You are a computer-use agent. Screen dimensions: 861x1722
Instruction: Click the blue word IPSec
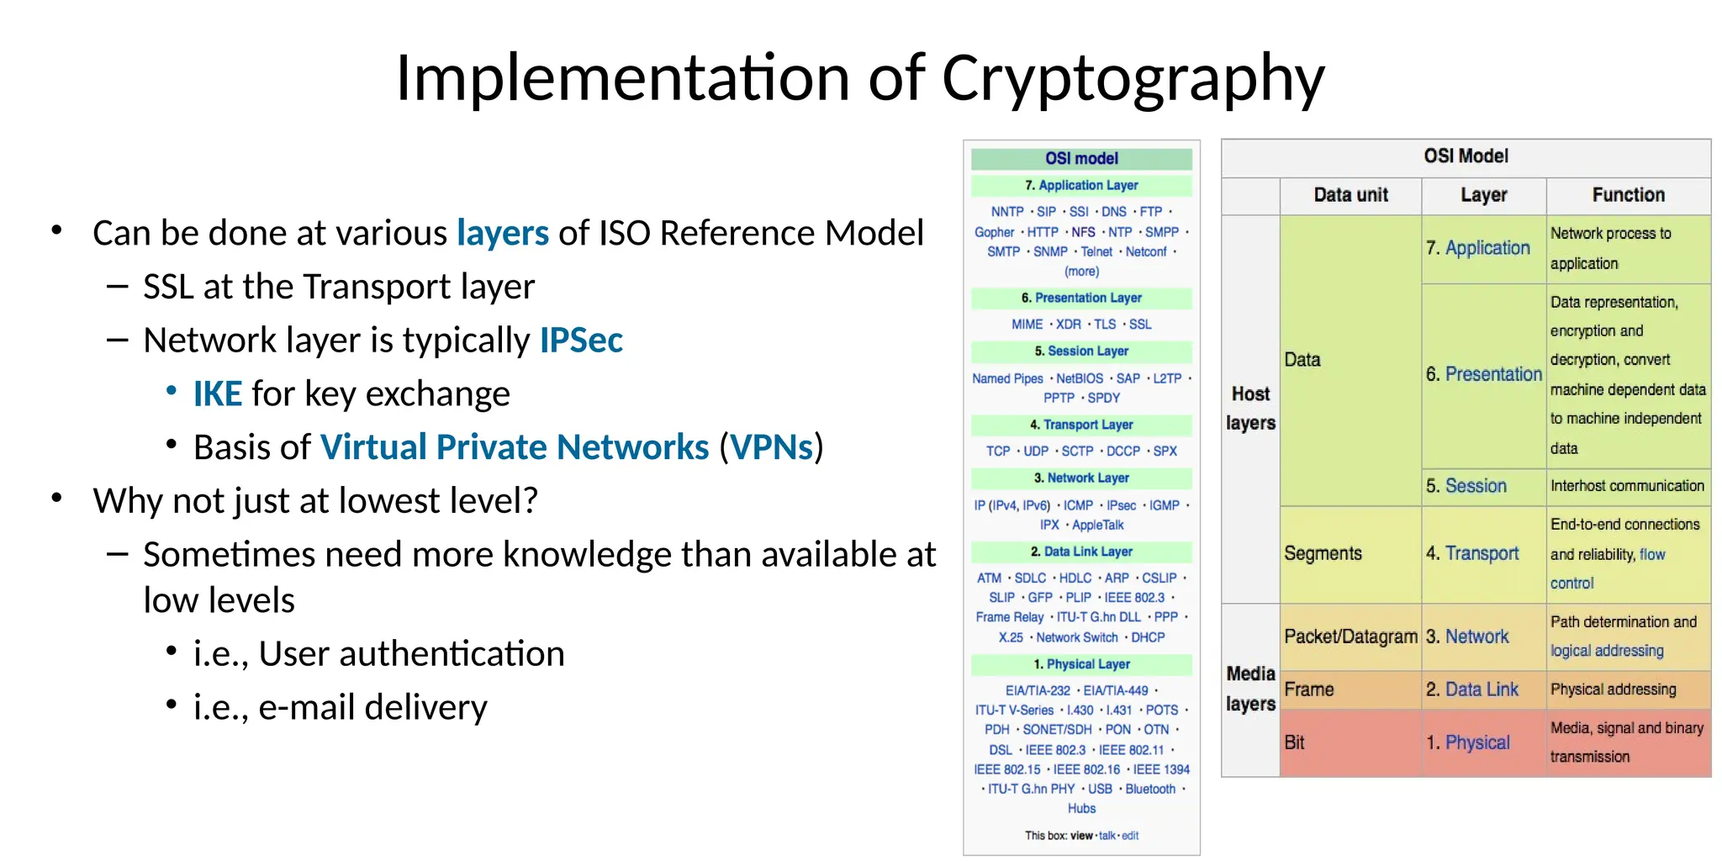(x=581, y=341)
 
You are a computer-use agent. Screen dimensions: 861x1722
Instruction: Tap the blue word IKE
(x=217, y=394)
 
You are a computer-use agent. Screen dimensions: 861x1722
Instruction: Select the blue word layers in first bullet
(x=502, y=233)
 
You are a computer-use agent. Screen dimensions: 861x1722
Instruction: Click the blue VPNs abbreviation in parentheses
(x=771, y=447)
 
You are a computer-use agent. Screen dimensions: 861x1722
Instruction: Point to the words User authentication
(x=411, y=654)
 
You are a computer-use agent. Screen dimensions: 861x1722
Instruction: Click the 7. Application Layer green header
(x=1081, y=185)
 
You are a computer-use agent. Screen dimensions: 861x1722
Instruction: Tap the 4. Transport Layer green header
(x=1081, y=425)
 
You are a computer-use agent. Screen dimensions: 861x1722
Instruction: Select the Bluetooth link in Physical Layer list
(x=1150, y=789)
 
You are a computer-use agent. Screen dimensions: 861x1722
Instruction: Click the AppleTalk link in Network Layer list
(x=1097, y=525)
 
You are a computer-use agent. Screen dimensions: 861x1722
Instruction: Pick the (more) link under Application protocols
(x=1081, y=272)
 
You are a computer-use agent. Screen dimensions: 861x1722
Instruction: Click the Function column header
(x=1628, y=195)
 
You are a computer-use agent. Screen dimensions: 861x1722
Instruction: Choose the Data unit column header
(x=1350, y=195)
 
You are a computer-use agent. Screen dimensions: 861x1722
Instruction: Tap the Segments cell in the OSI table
(x=1323, y=553)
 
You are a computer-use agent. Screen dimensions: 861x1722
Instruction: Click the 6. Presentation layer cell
(x=1483, y=374)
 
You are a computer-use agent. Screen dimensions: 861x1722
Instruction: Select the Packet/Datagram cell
(x=1350, y=637)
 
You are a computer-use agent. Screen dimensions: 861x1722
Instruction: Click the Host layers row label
(x=1250, y=409)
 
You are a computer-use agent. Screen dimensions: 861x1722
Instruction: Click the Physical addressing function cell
(x=1613, y=689)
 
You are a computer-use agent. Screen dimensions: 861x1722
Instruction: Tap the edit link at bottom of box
(x=1130, y=836)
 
